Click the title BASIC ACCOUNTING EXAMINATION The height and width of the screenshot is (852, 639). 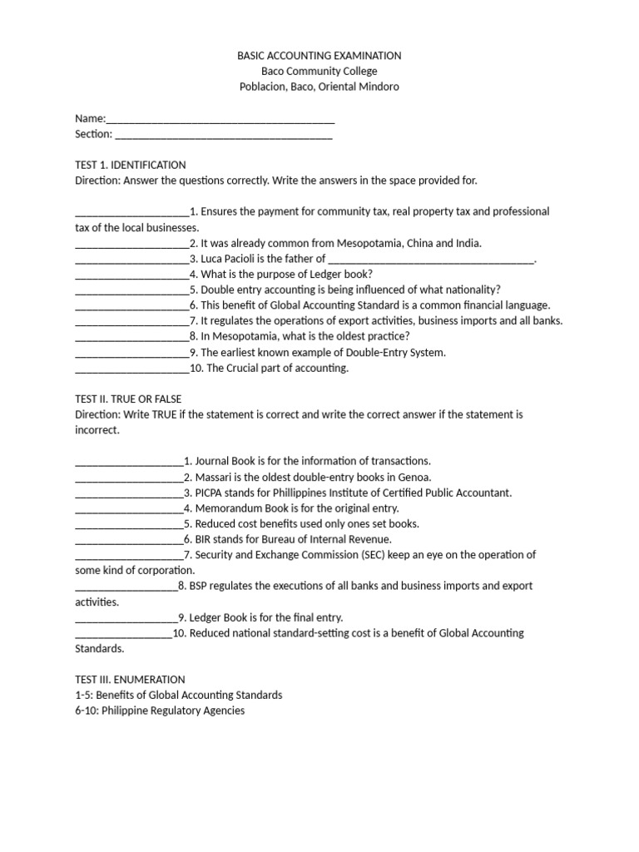(x=319, y=56)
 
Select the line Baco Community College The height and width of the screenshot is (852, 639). (x=319, y=72)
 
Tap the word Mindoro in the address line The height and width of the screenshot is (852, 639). (x=379, y=87)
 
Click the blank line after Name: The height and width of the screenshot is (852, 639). (x=220, y=119)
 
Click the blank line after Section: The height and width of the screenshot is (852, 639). (x=223, y=135)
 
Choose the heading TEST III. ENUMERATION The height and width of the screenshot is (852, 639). (x=130, y=680)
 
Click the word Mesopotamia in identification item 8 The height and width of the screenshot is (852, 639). (x=243, y=336)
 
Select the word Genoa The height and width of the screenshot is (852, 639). (x=415, y=477)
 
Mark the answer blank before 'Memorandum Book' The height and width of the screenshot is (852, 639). (x=128, y=508)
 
